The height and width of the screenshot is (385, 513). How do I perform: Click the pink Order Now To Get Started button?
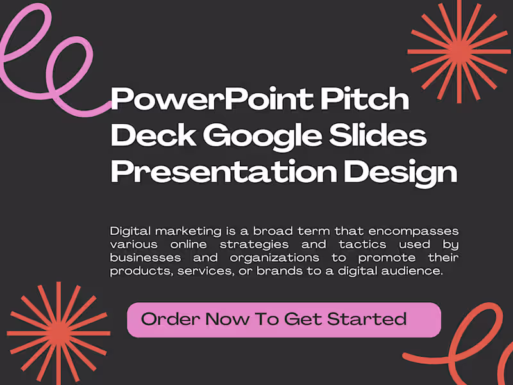click(x=284, y=320)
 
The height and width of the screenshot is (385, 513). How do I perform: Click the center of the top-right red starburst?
click(x=458, y=50)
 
